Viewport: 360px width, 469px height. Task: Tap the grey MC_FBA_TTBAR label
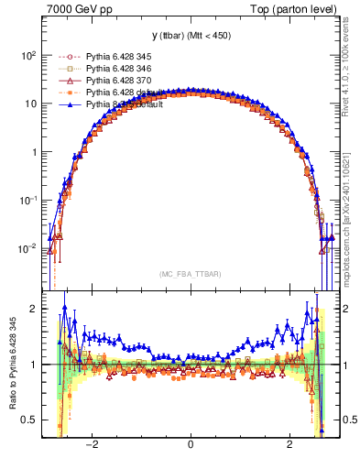pyautogui.click(x=189, y=274)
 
